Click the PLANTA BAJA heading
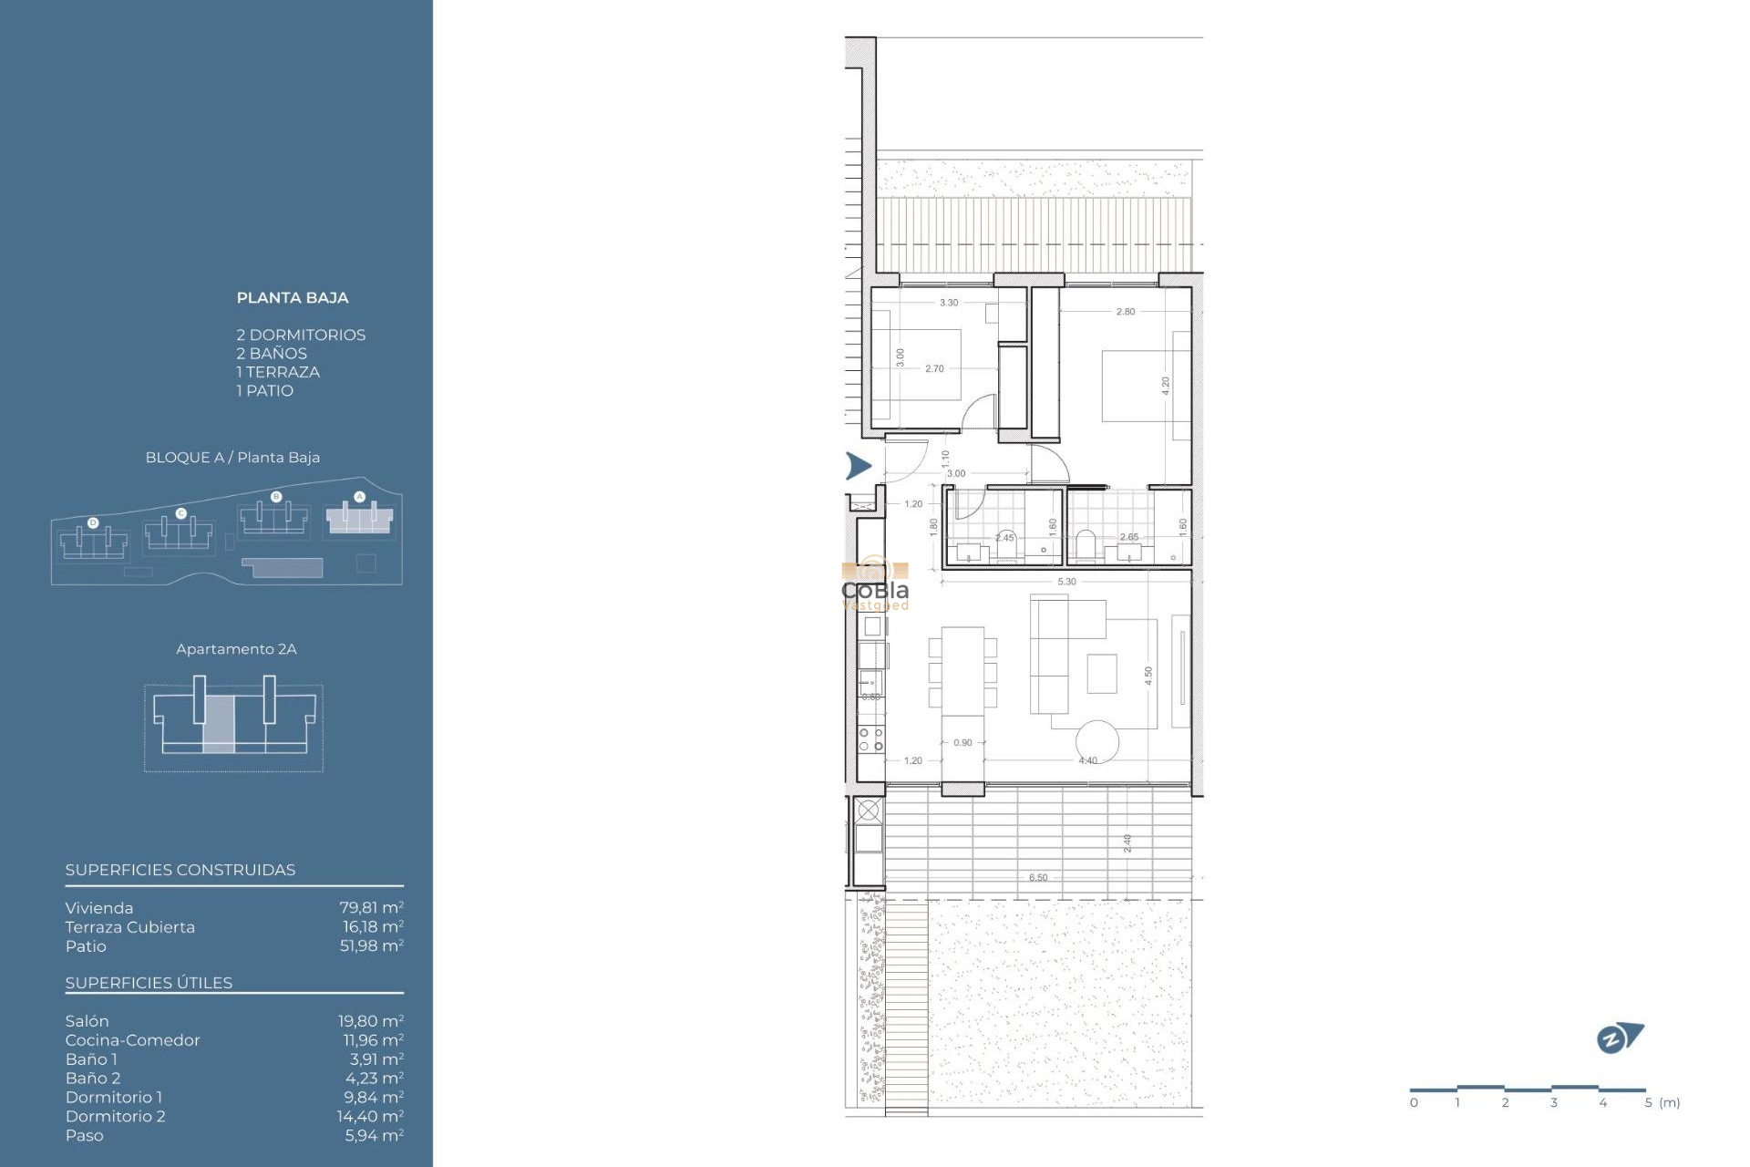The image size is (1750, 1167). [x=292, y=297]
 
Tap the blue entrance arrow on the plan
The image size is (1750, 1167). [x=858, y=466]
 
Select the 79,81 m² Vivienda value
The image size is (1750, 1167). [x=371, y=907]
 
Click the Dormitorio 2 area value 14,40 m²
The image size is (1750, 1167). [x=370, y=1116]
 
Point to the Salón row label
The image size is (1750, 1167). [x=87, y=1021]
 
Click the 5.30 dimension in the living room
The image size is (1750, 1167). [x=1066, y=582]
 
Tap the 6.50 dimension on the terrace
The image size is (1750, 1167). [x=1038, y=878]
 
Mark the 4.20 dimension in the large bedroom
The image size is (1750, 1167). [x=1165, y=385]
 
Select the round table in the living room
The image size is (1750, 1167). [x=1096, y=741]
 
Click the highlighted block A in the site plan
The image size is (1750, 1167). [x=359, y=519]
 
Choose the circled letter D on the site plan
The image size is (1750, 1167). [x=93, y=522]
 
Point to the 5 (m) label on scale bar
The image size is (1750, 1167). [x=1662, y=1103]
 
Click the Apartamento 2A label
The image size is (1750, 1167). [x=236, y=649]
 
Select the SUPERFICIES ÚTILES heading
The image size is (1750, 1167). [x=149, y=983]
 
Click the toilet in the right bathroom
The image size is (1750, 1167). [x=1085, y=543]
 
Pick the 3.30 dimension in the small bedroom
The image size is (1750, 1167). [x=949, y=303]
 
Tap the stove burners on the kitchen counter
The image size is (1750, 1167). [x=870, y=739]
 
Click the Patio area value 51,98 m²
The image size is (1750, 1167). [x=371, y=945]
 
